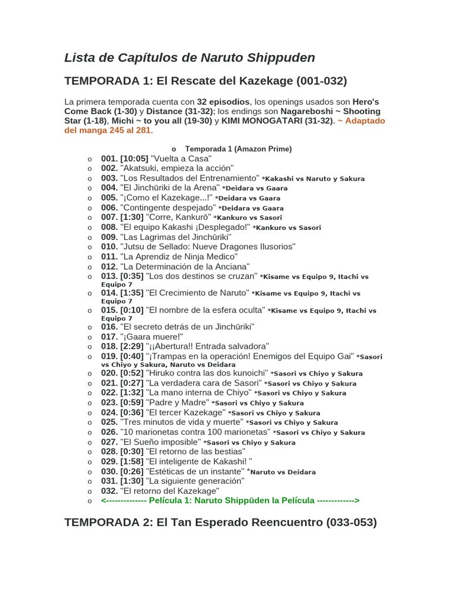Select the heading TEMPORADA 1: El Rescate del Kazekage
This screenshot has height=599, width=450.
(206, 81)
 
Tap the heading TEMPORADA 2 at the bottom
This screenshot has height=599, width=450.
(220, 522)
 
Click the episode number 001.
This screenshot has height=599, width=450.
(109, 159)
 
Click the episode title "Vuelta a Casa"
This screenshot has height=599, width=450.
(181, 159)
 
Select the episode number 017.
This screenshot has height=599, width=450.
(109, 336)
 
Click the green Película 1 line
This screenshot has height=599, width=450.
(230, 501)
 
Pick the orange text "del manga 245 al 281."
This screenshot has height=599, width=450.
(108, 130)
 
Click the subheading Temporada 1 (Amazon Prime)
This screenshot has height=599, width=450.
(238, 149)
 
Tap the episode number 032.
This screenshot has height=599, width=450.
(109, 491)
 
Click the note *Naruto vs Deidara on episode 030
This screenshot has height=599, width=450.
(282, 472)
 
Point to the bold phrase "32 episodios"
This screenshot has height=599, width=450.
(223, 102)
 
